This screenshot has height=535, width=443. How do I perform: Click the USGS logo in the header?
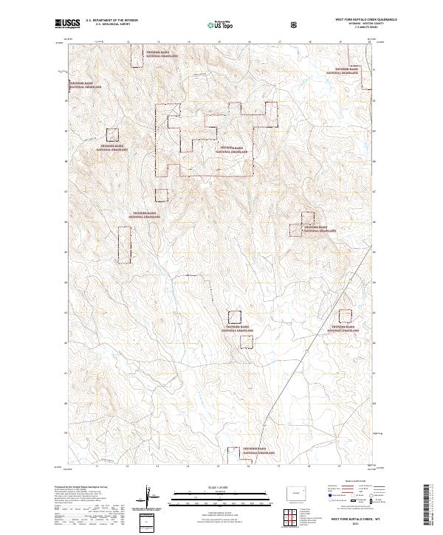point(67,25)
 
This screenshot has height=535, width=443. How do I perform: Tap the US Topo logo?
point(216,25)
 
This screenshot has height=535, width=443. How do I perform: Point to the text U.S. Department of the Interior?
point(111,21)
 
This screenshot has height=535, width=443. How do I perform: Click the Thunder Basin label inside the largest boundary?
point(236,149)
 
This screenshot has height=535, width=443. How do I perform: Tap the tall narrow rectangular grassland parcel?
point(124,245)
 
